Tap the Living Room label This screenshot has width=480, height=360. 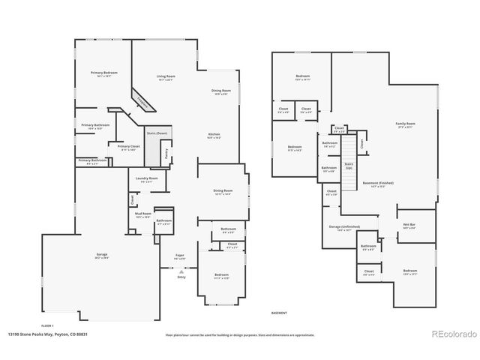(166, 77)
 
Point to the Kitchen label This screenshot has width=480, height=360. (214, 136)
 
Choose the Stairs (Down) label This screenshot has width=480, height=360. (157, 133)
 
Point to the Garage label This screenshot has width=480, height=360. (101, 256)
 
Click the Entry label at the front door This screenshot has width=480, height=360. (181, 277)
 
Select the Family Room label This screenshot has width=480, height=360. (406, 124)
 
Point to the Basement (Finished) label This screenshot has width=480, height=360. (379, 183)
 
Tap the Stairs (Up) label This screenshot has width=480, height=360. (349, 164)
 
